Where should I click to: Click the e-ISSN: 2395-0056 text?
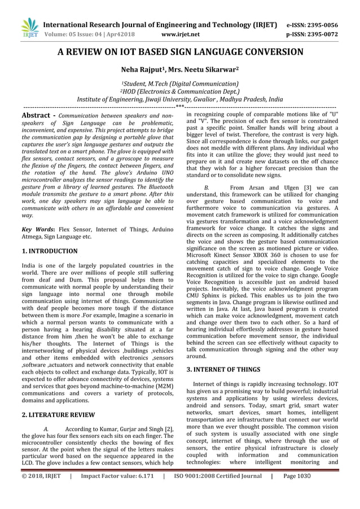coord(320,25)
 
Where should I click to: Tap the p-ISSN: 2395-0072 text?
coord(320,34)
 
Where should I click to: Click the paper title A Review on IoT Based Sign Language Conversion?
coord(180,52)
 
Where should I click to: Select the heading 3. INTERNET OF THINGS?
coord(223,370)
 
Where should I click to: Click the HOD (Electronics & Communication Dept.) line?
coord(180,90)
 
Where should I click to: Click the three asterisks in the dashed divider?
coord(179,105)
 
